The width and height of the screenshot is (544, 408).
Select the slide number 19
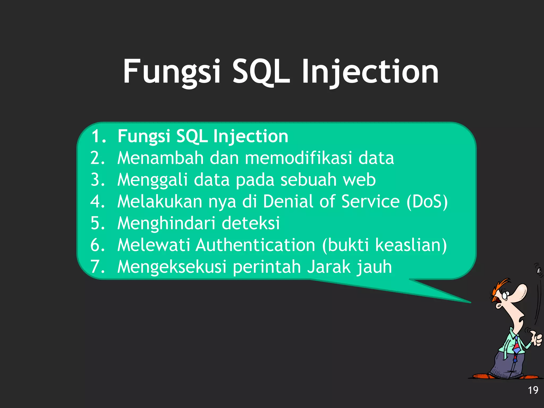pos(533,390)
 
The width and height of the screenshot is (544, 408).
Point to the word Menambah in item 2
pos(160,158)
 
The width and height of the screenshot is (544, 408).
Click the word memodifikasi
pos(298,158)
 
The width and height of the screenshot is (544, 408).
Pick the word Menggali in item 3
pos(152,180)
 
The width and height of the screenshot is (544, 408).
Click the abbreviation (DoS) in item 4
pos(427,201)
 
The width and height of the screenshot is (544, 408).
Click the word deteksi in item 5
pos(250,223)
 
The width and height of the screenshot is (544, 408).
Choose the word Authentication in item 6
pos(256,245)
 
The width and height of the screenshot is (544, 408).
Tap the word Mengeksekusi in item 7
pos(172,267)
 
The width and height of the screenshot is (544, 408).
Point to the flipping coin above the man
pos(539,270)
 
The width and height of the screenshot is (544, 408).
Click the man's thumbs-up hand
pos(537,339)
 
